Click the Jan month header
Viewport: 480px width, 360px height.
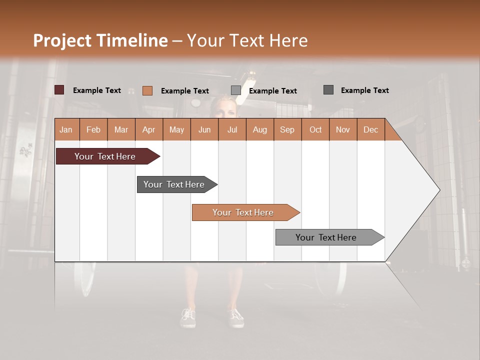point(66,129)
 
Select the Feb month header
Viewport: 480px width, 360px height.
point(93,129)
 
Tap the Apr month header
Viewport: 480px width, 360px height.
point(149,129)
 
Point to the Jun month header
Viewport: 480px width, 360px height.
point(204,129)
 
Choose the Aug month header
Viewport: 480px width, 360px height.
point(260,129)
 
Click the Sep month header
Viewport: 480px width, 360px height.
point(287,129)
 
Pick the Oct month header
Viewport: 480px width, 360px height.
point(315,129)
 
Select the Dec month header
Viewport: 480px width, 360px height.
point(371,129)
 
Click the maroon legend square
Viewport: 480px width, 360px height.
point(59,90)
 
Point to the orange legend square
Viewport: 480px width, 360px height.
point(147,90)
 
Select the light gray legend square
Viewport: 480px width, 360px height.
point(236,90)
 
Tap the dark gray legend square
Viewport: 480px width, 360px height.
point(328,90)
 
